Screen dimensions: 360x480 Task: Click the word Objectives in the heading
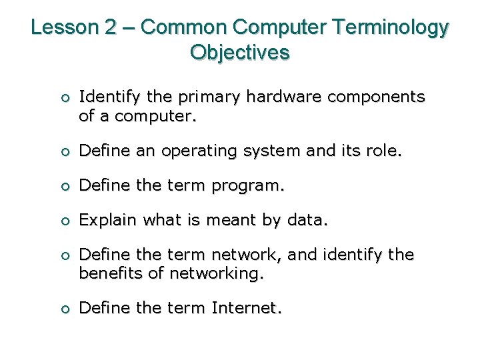[x=240, y=52]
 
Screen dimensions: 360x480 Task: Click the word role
[x=385, y=151]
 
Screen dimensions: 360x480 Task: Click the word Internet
[x=247, y=309]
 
